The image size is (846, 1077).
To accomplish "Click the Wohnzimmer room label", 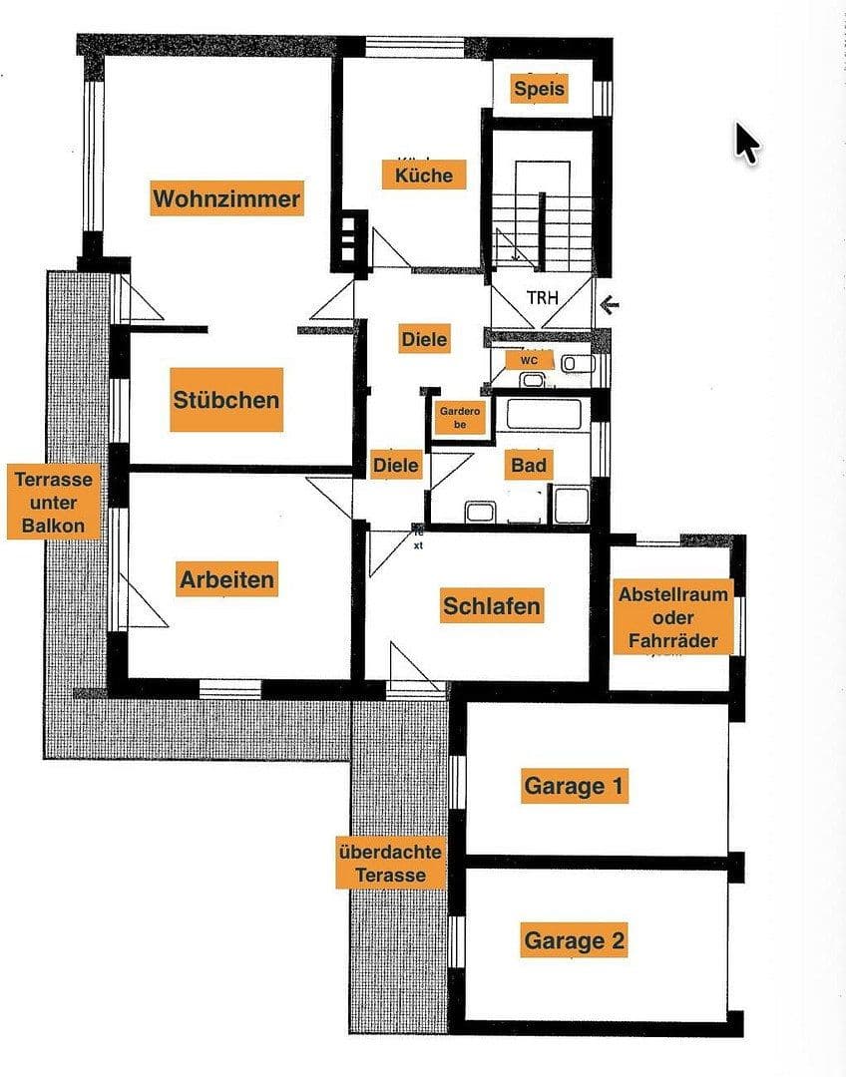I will click(x=225, y=198).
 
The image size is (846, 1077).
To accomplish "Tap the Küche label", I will click(x=423, y=176).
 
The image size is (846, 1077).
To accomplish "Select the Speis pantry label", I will click(x=539, y=89).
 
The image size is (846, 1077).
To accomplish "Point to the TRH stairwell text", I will click(x=542, y=297).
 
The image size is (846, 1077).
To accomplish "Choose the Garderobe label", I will click(x=460, y=416).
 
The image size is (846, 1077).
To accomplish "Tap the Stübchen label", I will click(x=225, y=400).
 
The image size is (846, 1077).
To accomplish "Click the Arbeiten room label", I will click(x=226, y=578).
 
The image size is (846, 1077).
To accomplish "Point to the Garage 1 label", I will click(x=574, y=786).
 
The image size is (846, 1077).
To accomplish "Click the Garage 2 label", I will click(x=574, y=939).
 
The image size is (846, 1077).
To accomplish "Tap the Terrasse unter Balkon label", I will click(x=54, y=502).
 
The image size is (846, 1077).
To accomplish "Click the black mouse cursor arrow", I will click(x=746, y=142).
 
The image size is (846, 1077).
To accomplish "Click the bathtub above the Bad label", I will click(x=544, y=415).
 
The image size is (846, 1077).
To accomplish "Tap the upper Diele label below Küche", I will click(x=424, y=339).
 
